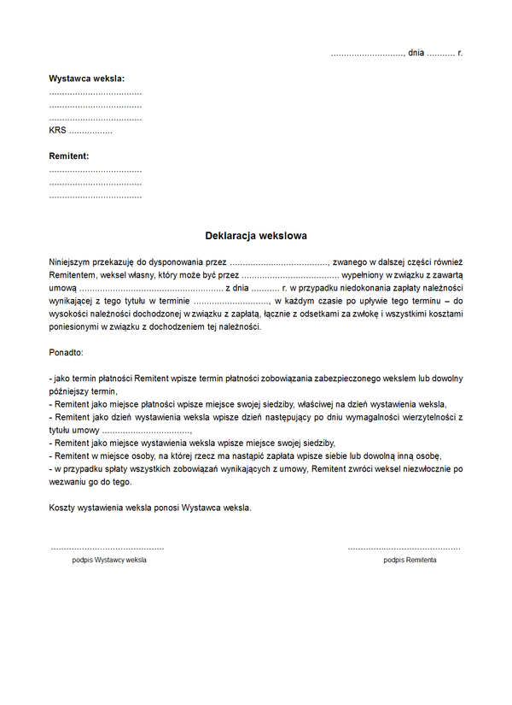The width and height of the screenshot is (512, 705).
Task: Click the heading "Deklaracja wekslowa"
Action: click(256, 235)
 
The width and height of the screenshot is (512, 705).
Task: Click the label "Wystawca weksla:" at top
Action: click(87, 79)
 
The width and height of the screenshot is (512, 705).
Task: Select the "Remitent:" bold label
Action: click(69, 156)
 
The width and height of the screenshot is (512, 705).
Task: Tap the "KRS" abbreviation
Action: click(57, 131)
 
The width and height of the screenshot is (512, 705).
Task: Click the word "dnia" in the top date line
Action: click(416, 53)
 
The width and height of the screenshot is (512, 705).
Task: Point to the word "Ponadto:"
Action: click(67, 351)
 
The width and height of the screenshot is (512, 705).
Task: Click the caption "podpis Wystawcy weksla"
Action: click(109, 560)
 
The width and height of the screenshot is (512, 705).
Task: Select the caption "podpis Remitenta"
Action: click(410, 560)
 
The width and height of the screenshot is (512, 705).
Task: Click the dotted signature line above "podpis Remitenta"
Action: click(404, 548)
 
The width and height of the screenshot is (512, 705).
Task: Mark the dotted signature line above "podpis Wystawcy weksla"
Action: click(107, 548)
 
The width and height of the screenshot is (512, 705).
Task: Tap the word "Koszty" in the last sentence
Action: click(63, 508)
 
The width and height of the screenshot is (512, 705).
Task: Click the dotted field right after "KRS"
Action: click(90, 132)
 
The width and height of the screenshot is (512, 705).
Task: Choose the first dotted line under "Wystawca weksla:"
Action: click(96, 92)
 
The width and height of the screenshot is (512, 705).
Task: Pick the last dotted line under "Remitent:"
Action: click(96, 197)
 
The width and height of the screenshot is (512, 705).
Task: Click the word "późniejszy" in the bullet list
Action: click(70, 391)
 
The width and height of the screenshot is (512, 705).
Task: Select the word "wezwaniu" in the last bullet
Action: click(67, 482)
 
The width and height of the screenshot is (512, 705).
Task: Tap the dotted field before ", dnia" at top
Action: click(367, 54)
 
